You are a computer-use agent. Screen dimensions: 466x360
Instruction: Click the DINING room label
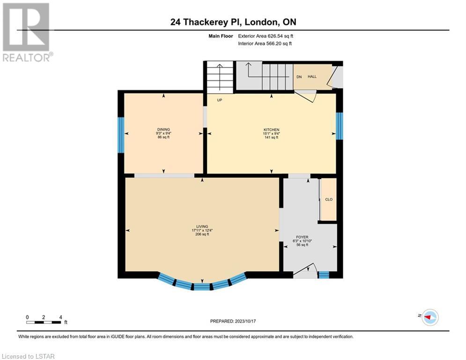tap(163, 129)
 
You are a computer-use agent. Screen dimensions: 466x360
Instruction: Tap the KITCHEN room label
tap(271, 130)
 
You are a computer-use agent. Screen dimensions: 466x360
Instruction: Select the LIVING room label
tap(202, 226)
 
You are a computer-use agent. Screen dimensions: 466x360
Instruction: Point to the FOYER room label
tap(302, 237)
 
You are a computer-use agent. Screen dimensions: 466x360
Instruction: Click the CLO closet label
tap(329, 199)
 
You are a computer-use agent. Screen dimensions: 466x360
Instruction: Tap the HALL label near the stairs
tap(312, 76)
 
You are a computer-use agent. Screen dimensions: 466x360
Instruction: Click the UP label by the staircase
tap(220, 100)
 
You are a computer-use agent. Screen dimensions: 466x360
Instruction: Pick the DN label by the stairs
tap(299, 77)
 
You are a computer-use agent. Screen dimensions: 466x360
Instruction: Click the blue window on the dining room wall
tap(121, 135)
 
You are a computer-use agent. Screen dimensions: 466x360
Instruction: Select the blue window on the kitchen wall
tap(340, 126)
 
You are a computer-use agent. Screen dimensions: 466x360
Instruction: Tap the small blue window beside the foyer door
tap(324, 275)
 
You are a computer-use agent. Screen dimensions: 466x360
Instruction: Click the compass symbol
tap(430, 317)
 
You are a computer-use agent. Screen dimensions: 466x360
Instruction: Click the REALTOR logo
tap(27, 32)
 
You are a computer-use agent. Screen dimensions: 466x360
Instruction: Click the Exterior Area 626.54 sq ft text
tap(266, 36)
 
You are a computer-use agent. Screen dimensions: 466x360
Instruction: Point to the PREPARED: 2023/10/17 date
tap(233, 321)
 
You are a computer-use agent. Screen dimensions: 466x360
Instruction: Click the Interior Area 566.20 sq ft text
tap(265, 44)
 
